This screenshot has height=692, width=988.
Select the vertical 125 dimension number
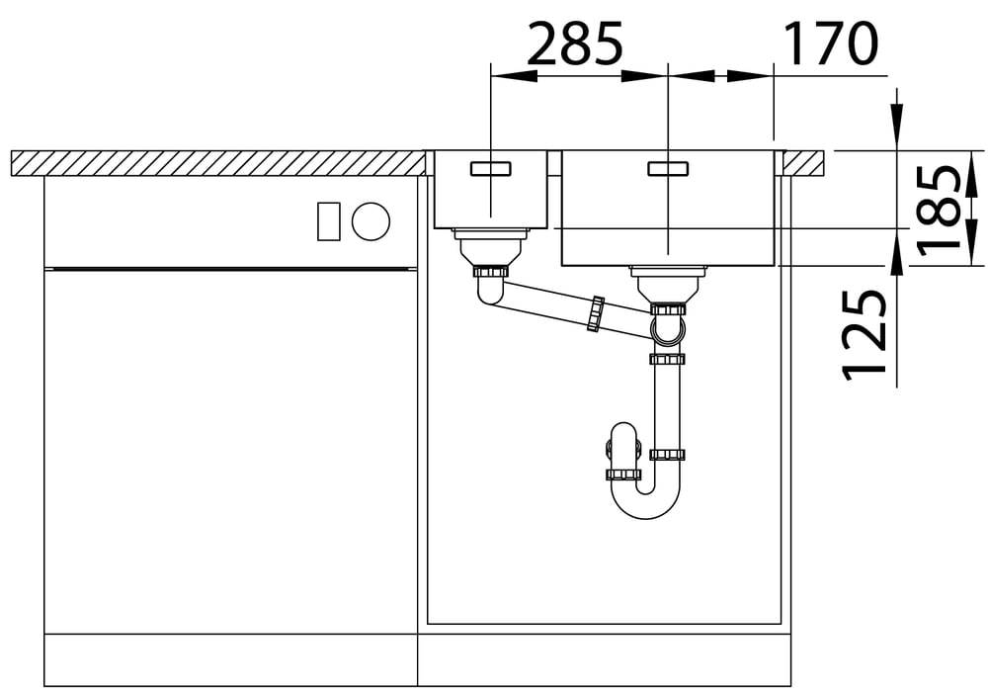point(864,335)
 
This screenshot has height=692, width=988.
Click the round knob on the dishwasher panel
point(370,221)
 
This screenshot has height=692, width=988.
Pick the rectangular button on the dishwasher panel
point(328,221)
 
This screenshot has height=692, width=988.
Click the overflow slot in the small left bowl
point(490,168)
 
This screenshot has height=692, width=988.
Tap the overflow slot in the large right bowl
point(668,168)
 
